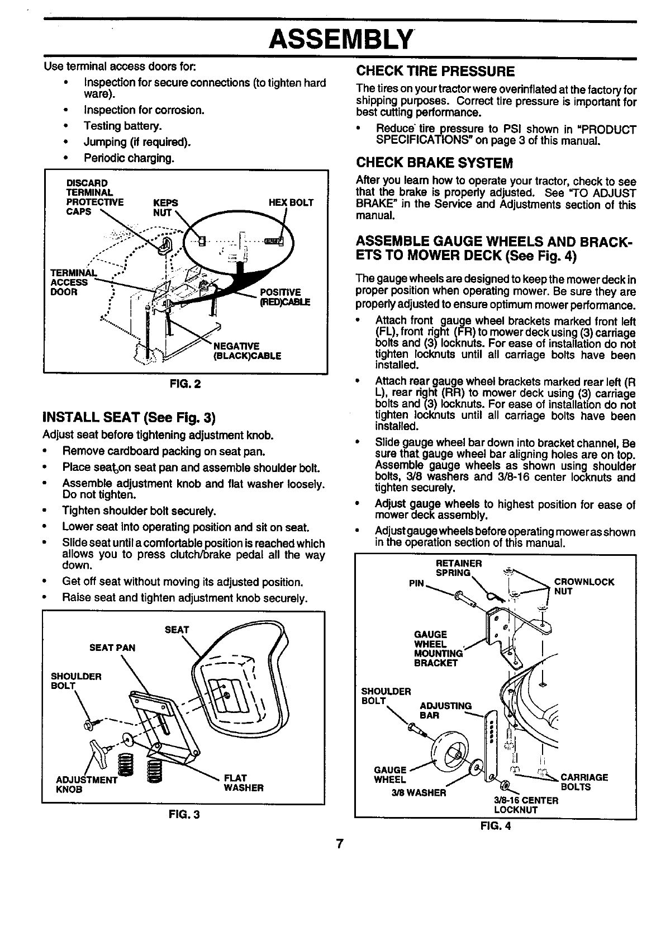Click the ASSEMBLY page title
coord(341,39)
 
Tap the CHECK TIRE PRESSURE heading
coord(435,71)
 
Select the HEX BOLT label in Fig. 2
coord(291,202)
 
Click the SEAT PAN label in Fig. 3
coord(112,648)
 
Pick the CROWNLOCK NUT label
coord(583,586)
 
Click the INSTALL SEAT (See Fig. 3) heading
coord(129,418)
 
